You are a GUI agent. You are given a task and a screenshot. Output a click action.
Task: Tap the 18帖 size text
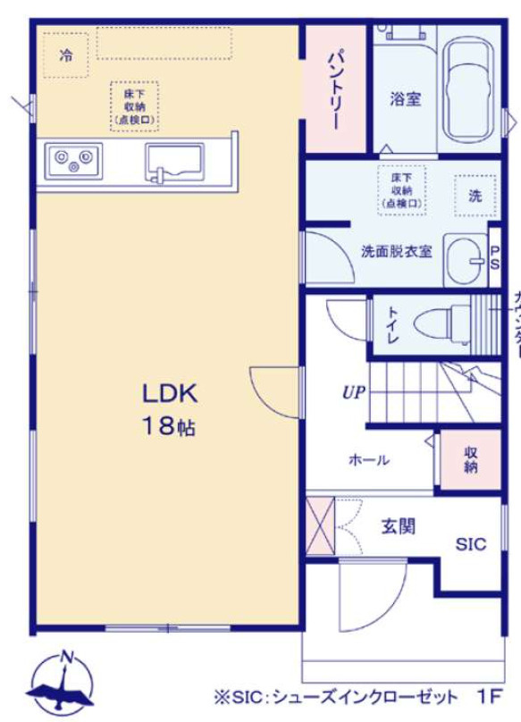coord(168,426)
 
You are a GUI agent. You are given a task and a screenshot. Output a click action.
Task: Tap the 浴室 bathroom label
coord(406,99)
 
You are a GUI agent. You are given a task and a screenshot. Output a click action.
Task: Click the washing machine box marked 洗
coord(475,195)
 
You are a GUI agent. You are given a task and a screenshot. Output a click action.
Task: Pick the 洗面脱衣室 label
coord(396,252)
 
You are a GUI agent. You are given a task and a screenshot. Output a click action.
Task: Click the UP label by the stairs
coord(354,390)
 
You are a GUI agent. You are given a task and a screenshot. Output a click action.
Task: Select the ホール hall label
coord(368,460)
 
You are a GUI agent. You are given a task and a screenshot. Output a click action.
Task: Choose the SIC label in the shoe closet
coord(471,544)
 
